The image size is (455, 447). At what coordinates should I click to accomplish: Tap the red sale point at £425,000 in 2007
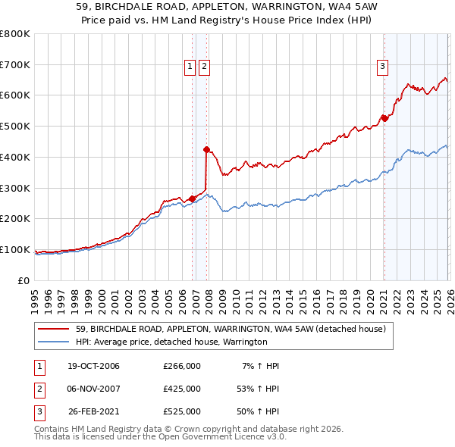206,149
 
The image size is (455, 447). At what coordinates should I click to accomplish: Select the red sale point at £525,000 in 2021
384,118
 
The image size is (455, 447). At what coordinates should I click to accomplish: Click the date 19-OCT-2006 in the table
93,366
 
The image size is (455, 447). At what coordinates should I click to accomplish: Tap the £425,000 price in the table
182,389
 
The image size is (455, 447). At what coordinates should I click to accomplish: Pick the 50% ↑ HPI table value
257,412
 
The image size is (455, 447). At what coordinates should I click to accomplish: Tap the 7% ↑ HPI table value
260,366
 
